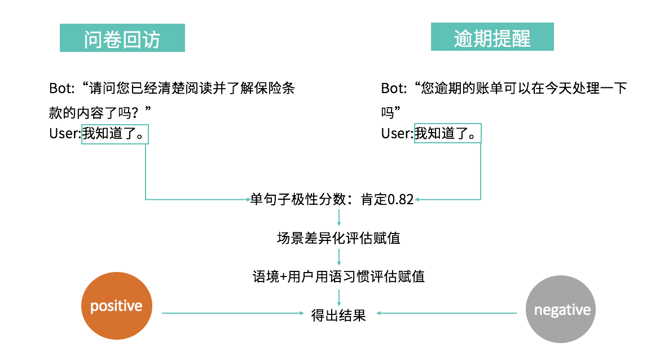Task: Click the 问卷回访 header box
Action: [122, 38]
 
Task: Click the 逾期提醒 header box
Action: [492, 37]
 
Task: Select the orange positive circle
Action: [117, 306]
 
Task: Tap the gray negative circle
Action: [561, 309]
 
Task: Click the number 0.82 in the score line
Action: [401, 200]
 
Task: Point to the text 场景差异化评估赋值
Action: [338, 238]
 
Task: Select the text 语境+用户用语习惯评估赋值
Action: [338, 276]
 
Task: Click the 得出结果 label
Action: [338, 315]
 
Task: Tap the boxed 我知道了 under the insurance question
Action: [115, 134]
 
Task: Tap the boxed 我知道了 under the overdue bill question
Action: [448, 134]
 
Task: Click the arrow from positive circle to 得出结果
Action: [231, 313]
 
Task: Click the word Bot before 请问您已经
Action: [61, 89]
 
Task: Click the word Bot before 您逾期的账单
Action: [393, 89]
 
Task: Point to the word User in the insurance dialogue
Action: [65, 134]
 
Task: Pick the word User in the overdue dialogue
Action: [397, 134]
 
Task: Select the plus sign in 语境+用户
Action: [283, 277]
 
